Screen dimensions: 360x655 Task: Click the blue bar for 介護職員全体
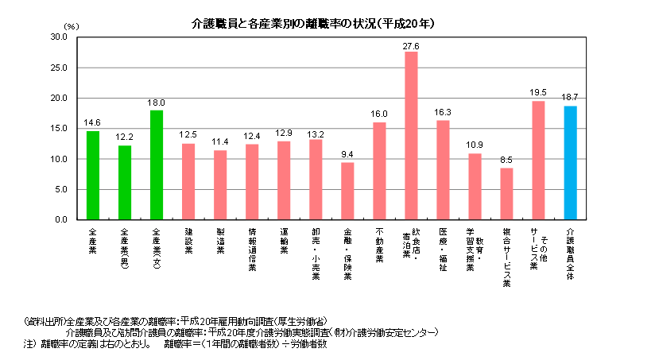(x=570, y=163)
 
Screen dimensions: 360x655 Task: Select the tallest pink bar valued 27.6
(x=411, y=135)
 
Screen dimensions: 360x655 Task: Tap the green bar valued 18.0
(x=157, y=165)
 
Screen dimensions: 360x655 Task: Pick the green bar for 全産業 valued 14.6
(x=93, y=175)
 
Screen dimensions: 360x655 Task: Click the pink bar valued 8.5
(x=506, y=193)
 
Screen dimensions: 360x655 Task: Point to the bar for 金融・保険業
(x=347, y=191)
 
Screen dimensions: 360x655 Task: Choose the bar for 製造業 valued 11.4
(x=220, y=184)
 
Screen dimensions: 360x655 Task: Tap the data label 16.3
(x=443, y=112)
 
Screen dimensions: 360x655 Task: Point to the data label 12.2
(x=125, y=137)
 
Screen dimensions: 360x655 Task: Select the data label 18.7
(x=570, y=98)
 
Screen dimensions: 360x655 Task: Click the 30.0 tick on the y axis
(x=58, y=37)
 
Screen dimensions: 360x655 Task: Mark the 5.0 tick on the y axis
(x=60, y=189)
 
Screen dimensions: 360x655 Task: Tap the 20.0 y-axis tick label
(x=58, y=99)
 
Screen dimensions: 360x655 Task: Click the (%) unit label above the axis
(x=72, y=27)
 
